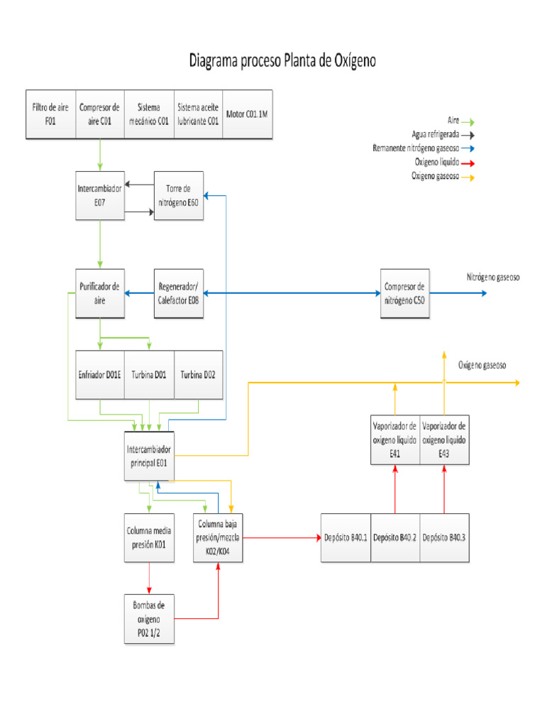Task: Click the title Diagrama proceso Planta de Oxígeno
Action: pyautogui.click(x=282, y=61)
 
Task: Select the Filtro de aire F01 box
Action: pyautogui.click(x=50, y=114)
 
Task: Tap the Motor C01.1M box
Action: pyautogui.click(x=247, y=114)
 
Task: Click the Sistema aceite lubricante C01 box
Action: pyautogui.click(x=198, y=114)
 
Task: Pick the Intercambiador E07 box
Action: pyautogui.click(x=100, y=195)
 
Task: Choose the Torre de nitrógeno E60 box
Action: pyautogui.click(x=178, y=195)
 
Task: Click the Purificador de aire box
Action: pyautogui.click(x=100, y=293)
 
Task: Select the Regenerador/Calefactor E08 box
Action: pyautogui.click(x=178, y=293)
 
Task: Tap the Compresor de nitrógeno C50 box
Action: pyautogui.click(x=404, y=293)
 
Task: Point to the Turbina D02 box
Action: pyautogui.click(x=198, y=374)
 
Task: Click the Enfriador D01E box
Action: pyautogui.click(x=100, y=374)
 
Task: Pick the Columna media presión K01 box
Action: pyautogui.click(x=148, y=537)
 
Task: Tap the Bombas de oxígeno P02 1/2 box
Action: pyautogui.click(x=148, y=619)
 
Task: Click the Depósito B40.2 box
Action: pyautogui.click(x=395, y=537)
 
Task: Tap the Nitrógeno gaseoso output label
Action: pyautogui.click(x=493, y=277)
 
